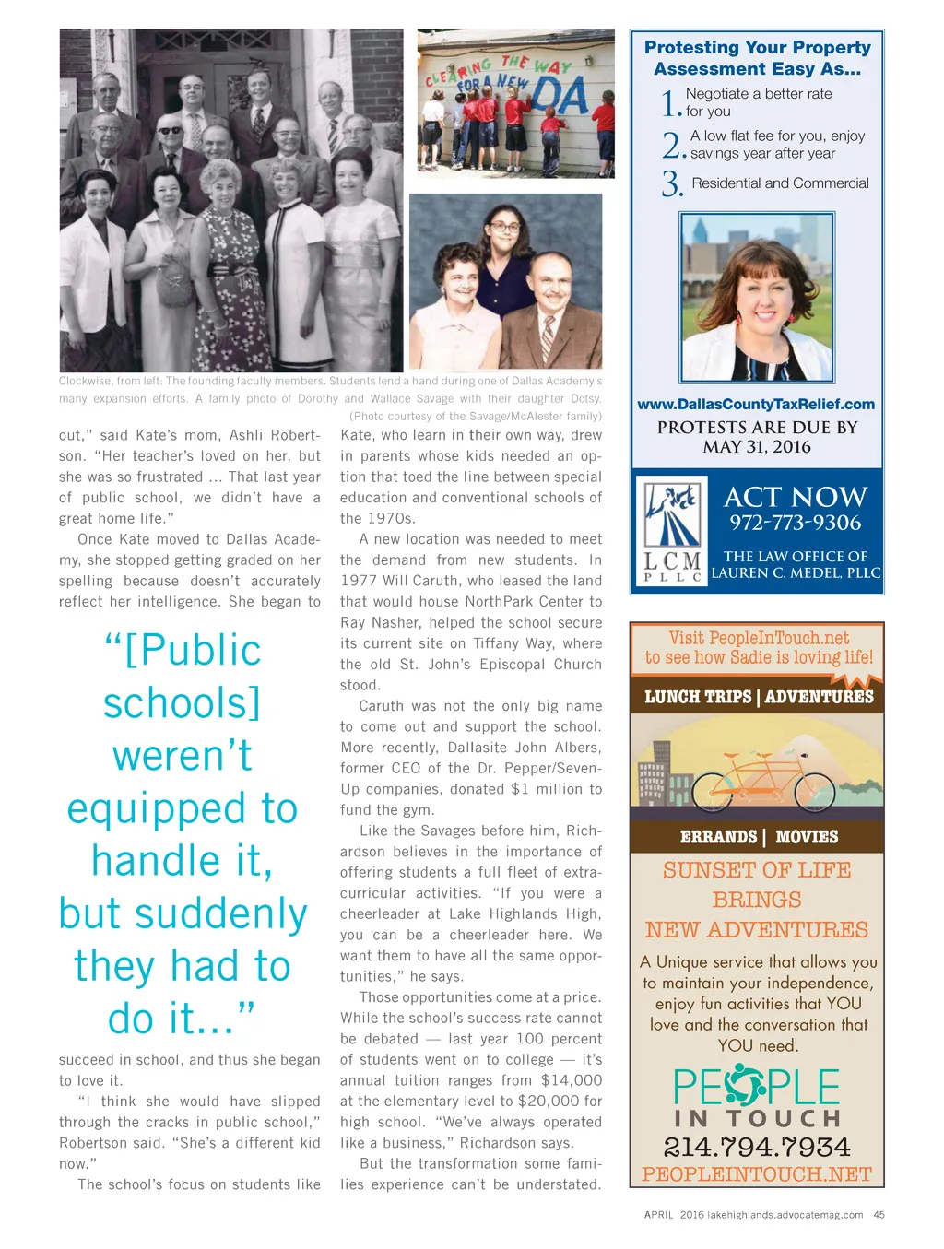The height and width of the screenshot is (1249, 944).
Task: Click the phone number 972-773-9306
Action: coord(795,524)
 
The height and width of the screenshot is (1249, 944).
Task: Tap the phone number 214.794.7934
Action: coord(757,1147)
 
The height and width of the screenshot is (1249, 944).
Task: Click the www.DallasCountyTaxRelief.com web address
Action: coord(756,404)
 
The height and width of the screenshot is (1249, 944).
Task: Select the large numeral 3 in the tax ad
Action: coord(671,184)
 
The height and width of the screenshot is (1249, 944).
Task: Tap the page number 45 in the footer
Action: coord(879,1215)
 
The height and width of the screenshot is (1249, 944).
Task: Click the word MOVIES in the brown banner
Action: coord(807,837)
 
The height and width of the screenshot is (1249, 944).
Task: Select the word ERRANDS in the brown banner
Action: coord(718,837)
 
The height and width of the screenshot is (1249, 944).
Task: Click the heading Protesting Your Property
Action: coord(757,47)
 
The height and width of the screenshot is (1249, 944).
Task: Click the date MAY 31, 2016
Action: coord(757,447)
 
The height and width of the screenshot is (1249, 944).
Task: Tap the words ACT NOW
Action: coord(795,498)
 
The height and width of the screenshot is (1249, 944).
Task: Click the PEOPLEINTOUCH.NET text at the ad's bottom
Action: coord(757,1174)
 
